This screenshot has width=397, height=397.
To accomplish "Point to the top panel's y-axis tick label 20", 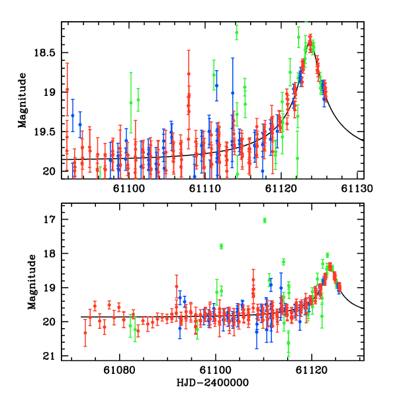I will pos(50,171).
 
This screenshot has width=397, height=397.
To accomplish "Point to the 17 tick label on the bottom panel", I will pos(50,219).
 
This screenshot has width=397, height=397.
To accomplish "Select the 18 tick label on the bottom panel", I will pos(50,253).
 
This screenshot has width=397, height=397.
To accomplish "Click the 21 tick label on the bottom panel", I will pos(50,357).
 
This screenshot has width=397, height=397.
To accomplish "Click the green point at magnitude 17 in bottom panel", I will pos(265,220).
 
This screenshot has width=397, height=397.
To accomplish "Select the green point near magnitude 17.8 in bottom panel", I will pos(222,246).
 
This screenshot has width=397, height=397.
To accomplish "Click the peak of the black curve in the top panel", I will pos(310,38).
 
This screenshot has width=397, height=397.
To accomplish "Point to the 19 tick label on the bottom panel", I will pos(50,288).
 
